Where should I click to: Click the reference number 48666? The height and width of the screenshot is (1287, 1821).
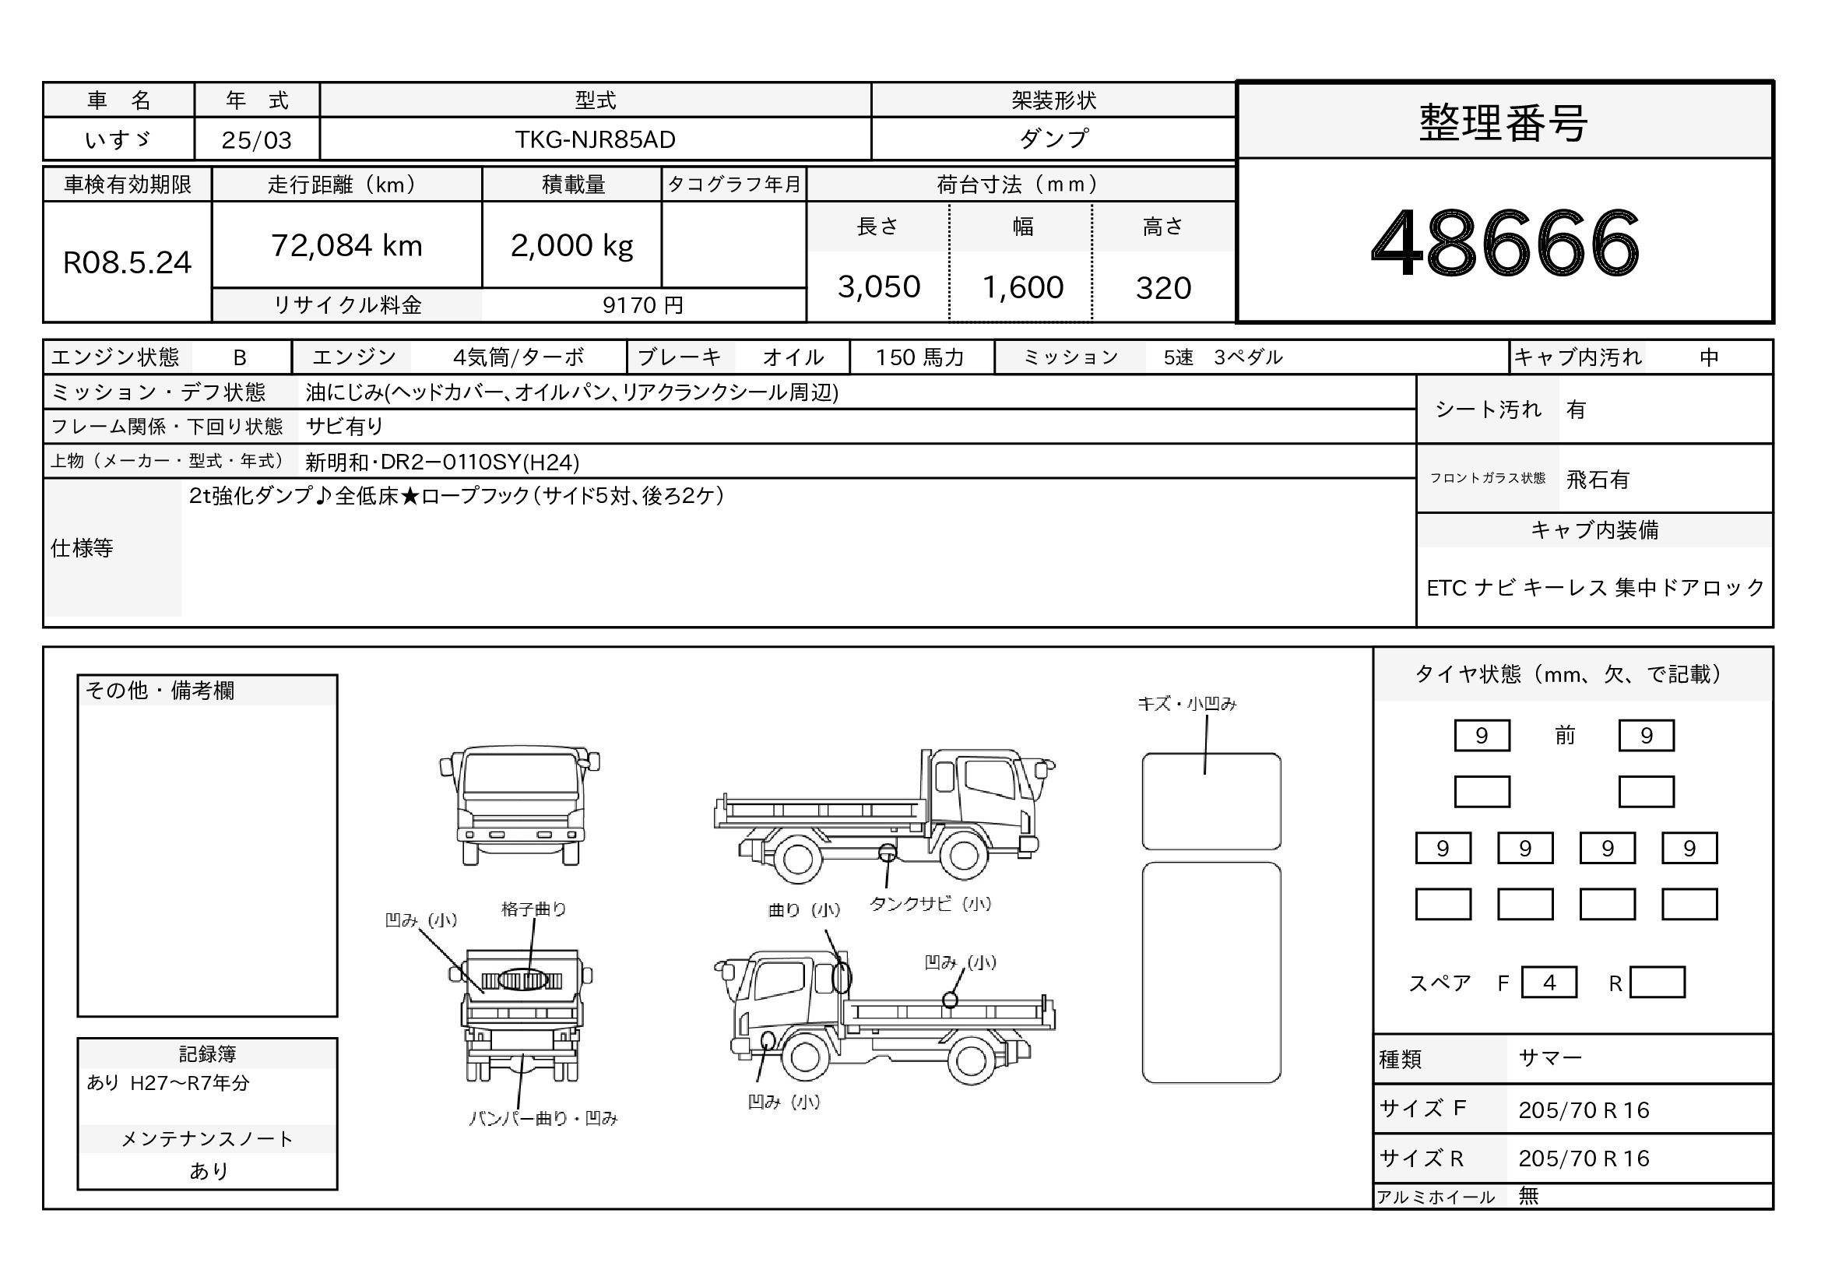(x=1505, y=243)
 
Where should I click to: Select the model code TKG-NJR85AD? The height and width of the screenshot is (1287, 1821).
(x=595, y=139)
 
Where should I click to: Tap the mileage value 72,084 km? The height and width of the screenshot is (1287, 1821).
(x=346, y=246)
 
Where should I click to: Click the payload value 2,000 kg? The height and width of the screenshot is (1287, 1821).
(x=572, y=246)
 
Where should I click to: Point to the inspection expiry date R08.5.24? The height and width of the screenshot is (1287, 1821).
(x=127, y=262)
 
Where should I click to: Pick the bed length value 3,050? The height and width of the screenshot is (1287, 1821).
(x=879, y=287)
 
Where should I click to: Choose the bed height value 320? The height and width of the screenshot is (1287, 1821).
(x=1163, y=287)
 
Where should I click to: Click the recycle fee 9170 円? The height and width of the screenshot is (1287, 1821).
(x=642, y=305)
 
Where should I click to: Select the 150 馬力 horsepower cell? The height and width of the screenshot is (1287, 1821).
(x=920, y=357)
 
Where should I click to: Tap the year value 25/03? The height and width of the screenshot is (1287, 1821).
(x=256, y=140)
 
